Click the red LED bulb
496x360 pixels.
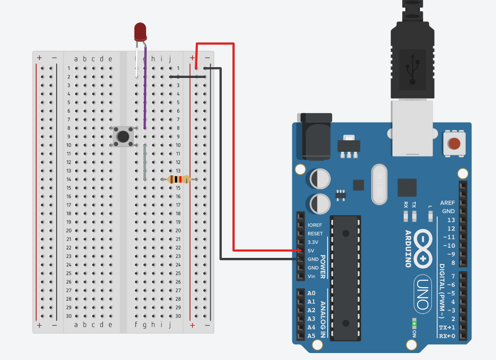click(x=140, y=32)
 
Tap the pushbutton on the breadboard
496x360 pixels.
click(x=123, y=136)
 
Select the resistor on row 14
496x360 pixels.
click(x=179, y=180)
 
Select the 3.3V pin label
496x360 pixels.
click(x=314, y=242)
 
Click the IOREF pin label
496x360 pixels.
click(x=315, y=225)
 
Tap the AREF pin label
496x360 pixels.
click(x=447, y=203)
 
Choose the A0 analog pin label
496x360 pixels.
click(x=311, y=293)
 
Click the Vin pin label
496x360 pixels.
click(x=311, y=276)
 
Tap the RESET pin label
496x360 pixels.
click(x=315, y=234)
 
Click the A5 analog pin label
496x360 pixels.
click(x=311, y=336)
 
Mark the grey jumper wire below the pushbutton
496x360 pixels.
click(x=145, y=162)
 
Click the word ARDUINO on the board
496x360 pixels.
click(x=408, y=249)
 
